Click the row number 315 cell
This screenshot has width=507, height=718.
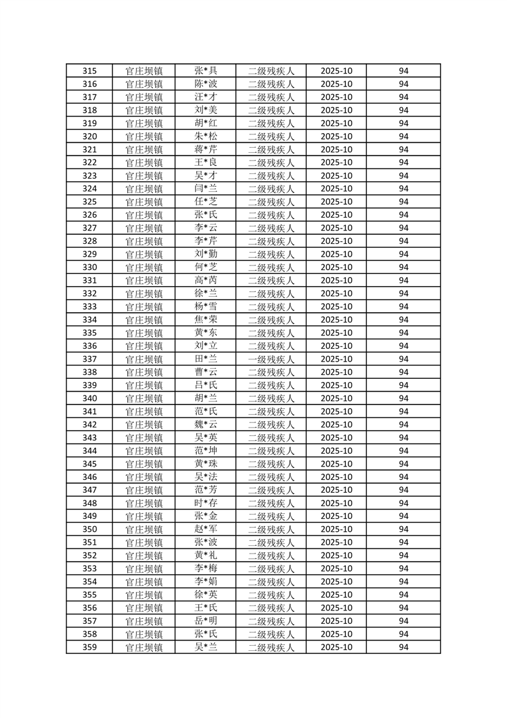tap(90, 71)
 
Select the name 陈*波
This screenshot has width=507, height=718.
tap(205, 84)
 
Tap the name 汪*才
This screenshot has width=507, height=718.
tap(205, 97)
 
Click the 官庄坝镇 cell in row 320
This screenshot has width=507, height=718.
tap(144, 136)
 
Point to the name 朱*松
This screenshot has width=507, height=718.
tap(205, 136)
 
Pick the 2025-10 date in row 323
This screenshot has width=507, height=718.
tap(336, 176)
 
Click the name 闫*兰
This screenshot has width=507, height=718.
tap(205, 189)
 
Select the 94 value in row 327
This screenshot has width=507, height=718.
tap(403, 228)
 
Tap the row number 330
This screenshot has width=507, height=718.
tap(90, 267)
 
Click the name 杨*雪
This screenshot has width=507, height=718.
tap(205, 307)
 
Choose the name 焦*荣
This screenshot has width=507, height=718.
tap(205, 320)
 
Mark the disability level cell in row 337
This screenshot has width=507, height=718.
tap(270, 360)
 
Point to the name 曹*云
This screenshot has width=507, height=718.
tap(205, 372)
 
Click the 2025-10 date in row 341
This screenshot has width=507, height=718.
tap(336, 411)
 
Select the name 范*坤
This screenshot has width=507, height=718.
tap(205, 451)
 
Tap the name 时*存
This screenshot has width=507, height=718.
tap(205, 504)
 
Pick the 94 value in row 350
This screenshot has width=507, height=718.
tap(403, 530)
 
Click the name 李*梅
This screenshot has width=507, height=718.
tap(205, 569)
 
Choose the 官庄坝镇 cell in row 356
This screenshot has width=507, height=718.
tap(144, 608)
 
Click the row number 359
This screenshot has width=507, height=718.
tap(90, 648)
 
